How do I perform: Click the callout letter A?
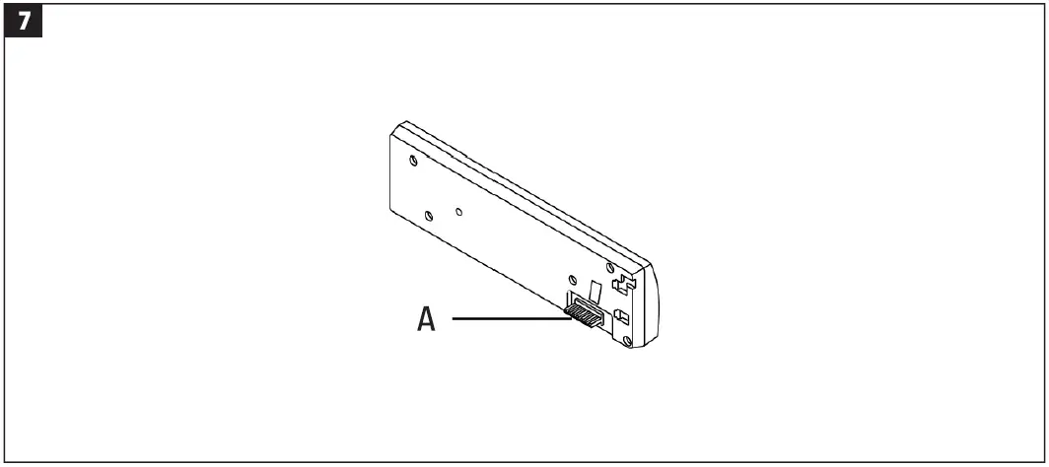(x=426, y=319)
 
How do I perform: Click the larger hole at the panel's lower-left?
(x=428, y=215)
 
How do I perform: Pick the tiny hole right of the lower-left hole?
(x=460, y=210)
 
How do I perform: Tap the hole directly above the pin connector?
(x=573, y=279)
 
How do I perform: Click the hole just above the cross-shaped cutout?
(x=611, y=268)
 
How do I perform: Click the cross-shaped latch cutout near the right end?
(x=619, y=285)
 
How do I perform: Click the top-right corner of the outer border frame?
(x=1043, y=5)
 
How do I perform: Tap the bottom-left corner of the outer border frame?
(x=5, y=461)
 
